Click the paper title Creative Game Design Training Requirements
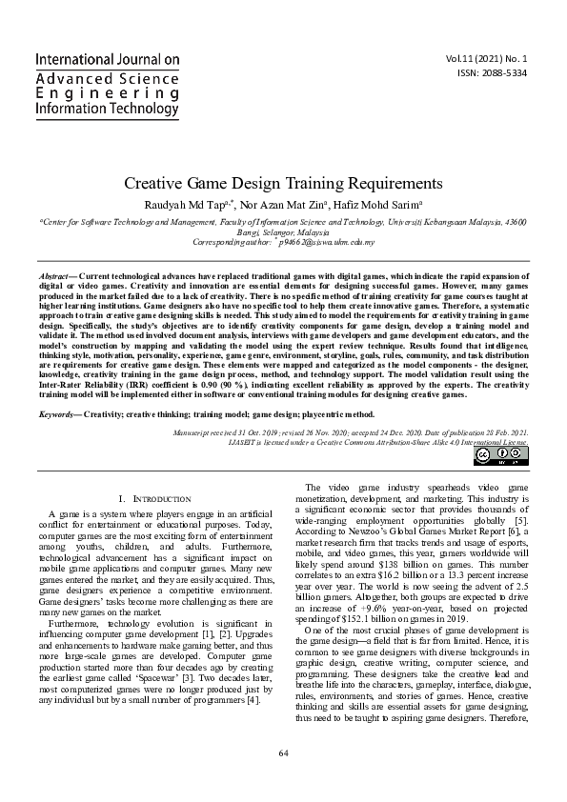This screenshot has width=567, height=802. point(283,182)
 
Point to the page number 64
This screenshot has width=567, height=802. point(283,780)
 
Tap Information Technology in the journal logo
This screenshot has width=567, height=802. point(107,110)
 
